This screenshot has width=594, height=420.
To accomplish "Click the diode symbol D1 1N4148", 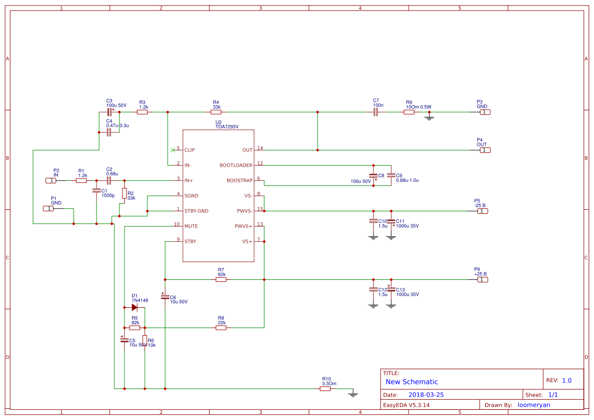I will (135, 307).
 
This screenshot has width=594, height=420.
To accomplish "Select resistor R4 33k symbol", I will (216, 112).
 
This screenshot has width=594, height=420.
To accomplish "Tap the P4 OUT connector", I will (485, 150).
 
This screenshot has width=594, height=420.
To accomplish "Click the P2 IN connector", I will (51, 180).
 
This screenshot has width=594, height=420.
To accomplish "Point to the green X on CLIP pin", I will (173, 150).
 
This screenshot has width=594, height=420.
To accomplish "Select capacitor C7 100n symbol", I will (376, 112).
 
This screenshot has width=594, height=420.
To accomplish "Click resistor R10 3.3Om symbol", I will (325, 389).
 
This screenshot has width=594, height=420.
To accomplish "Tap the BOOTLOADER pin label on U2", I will (236, 165).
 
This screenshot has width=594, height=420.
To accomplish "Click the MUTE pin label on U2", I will (191, 226).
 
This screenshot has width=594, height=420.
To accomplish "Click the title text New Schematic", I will (412, 382).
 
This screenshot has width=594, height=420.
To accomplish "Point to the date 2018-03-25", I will (426, 395).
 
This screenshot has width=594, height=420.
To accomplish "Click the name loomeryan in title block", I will (534, 405).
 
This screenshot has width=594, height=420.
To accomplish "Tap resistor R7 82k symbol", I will (221, 279).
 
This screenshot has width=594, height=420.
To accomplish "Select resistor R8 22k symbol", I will (221, 328).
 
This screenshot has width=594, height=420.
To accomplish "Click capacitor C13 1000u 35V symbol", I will (391, 289).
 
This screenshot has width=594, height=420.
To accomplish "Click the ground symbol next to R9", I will (429, 118).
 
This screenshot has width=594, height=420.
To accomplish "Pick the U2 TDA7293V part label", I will (227, 127).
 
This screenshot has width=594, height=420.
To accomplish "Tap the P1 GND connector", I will (48, 208).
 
